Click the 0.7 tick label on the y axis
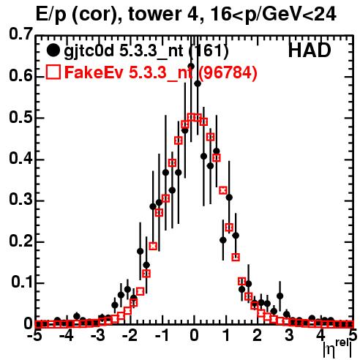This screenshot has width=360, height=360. pos(20,34)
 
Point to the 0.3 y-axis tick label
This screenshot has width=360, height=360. pos(20,199)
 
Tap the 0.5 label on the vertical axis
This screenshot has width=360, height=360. pos(20,117)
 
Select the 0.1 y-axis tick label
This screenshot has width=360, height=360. pos(22,282)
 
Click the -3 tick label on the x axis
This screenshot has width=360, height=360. pos(98,335)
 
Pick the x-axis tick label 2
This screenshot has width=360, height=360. pos(258,335)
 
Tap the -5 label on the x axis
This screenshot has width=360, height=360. pos(35,335)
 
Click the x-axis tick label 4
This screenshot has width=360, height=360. pos(320,335)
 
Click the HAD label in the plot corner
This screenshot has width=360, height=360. pos(310,50)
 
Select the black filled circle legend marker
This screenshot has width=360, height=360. pos(53,50)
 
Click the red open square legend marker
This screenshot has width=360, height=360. pos(53,72)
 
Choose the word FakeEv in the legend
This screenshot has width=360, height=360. pos(94,72)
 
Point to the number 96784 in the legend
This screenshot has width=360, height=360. pos(228,72)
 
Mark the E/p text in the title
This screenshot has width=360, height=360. pos(51,15)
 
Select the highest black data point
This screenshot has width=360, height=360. pos(191,66)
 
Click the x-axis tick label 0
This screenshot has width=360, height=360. pos(194,335)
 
